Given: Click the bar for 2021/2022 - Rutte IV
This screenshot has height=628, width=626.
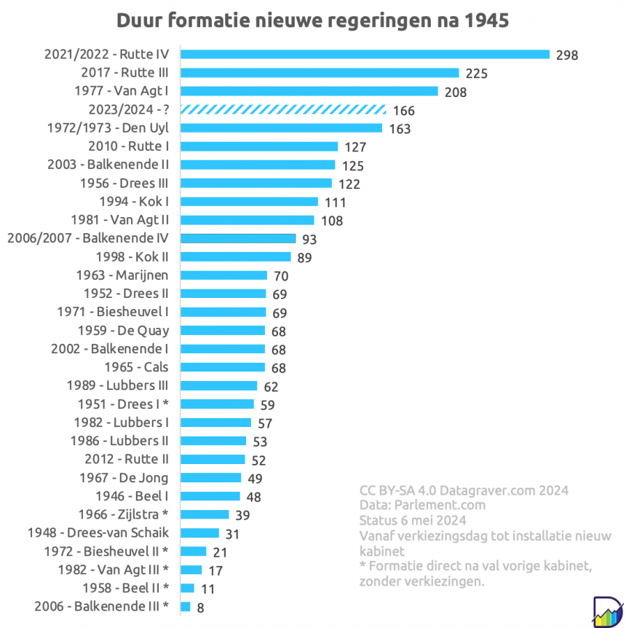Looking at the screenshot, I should (364, 55).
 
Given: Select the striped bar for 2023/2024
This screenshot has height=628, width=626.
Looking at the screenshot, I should (282, 110).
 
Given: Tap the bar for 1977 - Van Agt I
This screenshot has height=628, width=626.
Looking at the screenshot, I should (309, 91).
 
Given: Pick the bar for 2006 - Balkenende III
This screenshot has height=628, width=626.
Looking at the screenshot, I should (185, 606).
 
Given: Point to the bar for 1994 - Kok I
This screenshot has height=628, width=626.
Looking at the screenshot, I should (249, 202).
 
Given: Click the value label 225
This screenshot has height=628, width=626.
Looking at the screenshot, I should (476, 74).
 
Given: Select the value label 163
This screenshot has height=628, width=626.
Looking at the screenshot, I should (400, 129).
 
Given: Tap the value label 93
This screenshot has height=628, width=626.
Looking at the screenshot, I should (311, 239).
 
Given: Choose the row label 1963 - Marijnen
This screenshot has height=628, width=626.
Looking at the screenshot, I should (122, 275).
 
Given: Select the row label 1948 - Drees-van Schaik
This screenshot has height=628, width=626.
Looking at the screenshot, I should (98, 533).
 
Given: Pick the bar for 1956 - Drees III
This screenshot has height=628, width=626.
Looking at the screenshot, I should (255, 184).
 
